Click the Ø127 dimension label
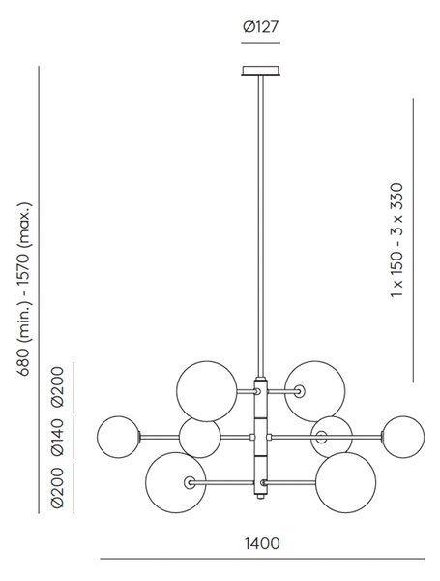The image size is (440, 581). click(260, 27)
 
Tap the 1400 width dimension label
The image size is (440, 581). click(262, 543)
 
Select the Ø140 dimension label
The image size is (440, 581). click(58, 437)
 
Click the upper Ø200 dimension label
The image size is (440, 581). click(58, 386)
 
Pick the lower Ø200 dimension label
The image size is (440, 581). click(58, 487)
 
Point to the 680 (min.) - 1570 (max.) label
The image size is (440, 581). click(25, 289)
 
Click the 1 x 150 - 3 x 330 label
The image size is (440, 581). click(397, 240)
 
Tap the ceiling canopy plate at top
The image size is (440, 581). click(261, 71)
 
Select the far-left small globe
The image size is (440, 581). click(118, 438)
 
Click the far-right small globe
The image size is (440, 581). click(403, 438)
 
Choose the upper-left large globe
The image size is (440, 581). click(207, 391)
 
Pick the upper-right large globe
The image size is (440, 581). click(315, 391)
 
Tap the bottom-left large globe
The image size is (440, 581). click(176, 483)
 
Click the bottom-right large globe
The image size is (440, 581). click(345, 483)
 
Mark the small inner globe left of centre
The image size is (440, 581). click(200, 438)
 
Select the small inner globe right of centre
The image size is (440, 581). click(332, 438)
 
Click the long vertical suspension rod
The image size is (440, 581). click(261, 226)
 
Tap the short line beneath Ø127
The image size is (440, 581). click(260, 43)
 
